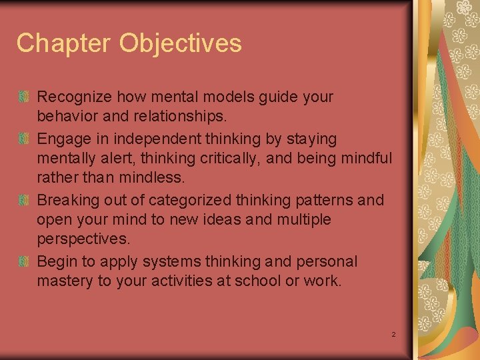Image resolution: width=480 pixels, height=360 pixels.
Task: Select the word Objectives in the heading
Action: click(x=181, y=43)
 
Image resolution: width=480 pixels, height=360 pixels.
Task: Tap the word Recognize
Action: click(x=74, y=97)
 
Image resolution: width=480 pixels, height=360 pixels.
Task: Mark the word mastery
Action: click(x=65, y=281)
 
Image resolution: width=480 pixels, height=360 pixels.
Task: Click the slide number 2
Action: click(x=394, y=334)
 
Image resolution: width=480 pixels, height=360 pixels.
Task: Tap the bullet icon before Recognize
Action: click(x=23, y=97)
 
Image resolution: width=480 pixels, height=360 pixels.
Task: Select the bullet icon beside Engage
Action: click(x=23, y=139)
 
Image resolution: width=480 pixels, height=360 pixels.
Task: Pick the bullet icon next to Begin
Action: click(x=23, y=262)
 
